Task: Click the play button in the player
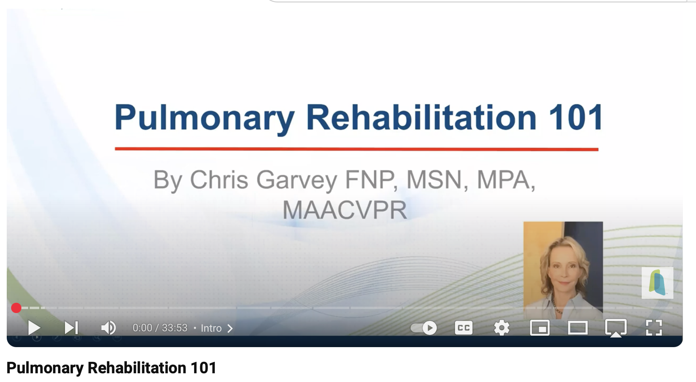click(34, 328)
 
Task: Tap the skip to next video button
click(71, 328)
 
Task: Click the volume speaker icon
click(108, 328)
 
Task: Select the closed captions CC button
click(463, 328)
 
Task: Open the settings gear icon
click(501, 328)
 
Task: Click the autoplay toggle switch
click(424, 328)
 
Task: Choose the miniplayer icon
click(539, 328)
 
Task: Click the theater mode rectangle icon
click(577, 328)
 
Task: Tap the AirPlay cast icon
click(616, 328)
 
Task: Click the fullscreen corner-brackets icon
click(654, 328)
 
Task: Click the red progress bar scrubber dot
click(16, 308)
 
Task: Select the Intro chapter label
click(211, 328)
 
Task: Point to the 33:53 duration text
click(174, 328)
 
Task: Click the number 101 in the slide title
click(576, 117)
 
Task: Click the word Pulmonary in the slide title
click(204, 117)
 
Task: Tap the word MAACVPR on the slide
click(344, 210)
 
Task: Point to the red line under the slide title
click(356, 149)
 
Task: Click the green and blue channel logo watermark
click(657, 283)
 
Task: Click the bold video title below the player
click(111, 368)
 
